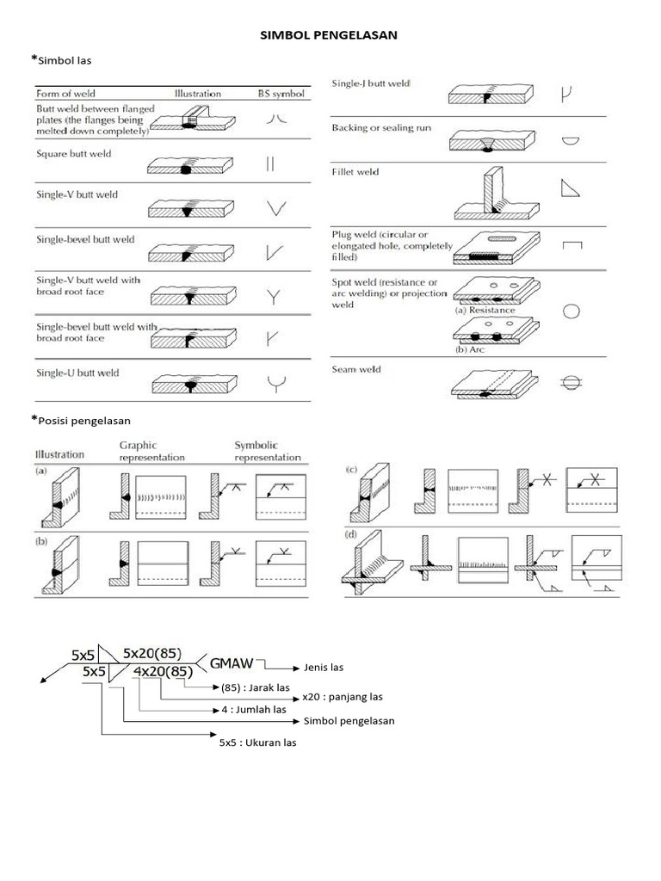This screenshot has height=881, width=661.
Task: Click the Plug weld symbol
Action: pos(571,246)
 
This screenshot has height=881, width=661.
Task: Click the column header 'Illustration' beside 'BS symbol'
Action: pos(197,93)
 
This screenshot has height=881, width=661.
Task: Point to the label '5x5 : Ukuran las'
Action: pos(257,742)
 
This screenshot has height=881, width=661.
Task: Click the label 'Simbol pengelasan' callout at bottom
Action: pos(349,721)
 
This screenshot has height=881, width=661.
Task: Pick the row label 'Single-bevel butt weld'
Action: pos(85,239)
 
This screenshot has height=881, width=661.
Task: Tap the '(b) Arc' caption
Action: pos(473,351)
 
